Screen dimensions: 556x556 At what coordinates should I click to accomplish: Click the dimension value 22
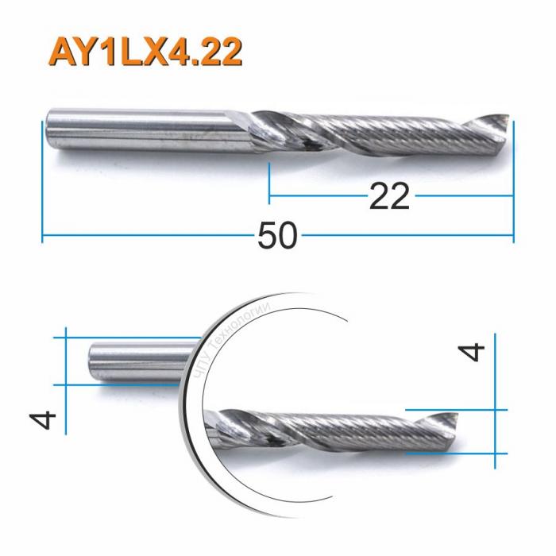coord(389,195)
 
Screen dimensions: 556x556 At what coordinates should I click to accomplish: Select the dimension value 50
coord(277,237)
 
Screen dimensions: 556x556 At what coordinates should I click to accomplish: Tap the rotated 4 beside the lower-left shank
coord(46,419)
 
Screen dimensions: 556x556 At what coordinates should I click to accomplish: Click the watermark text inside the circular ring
coord(230,350)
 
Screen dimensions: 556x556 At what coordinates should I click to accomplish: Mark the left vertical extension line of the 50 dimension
coord(41,183)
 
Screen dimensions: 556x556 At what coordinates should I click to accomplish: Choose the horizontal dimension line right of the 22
coord(465,195)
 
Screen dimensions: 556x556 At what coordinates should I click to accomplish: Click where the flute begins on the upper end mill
coord(262,127)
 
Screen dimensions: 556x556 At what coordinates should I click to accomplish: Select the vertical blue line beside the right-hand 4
coord(496,397)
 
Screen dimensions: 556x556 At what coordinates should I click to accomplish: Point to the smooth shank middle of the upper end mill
coord(151,129)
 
